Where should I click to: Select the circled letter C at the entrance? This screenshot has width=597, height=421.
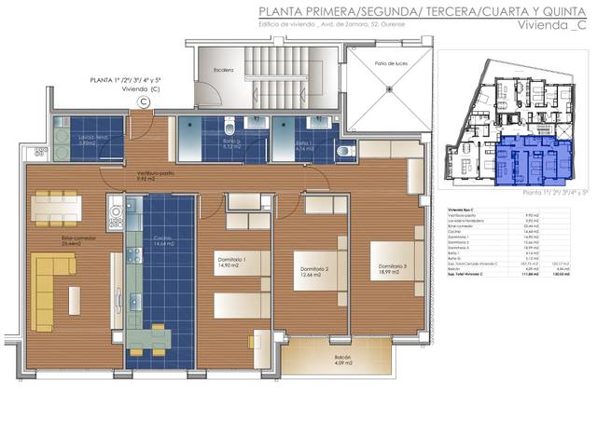point(144,102)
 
